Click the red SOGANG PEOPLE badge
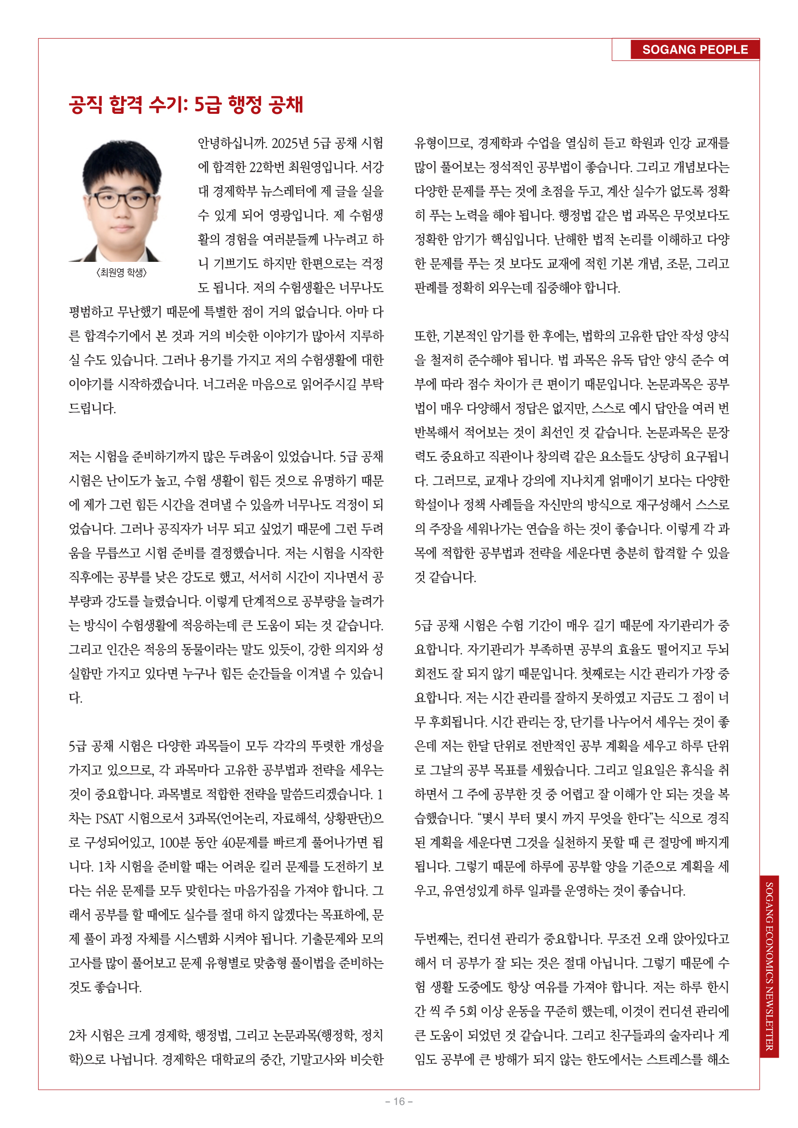(x=694, y=50)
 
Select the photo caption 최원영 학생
(x=122, y=272)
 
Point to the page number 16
(x=399, y=1101)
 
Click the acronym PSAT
(x=110, y=818)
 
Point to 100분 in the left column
(x=174, y=843)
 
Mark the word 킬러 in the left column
(x=266, y=867)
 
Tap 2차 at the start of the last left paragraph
(x=79, y=1035)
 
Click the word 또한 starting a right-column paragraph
(x=426, y=336)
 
